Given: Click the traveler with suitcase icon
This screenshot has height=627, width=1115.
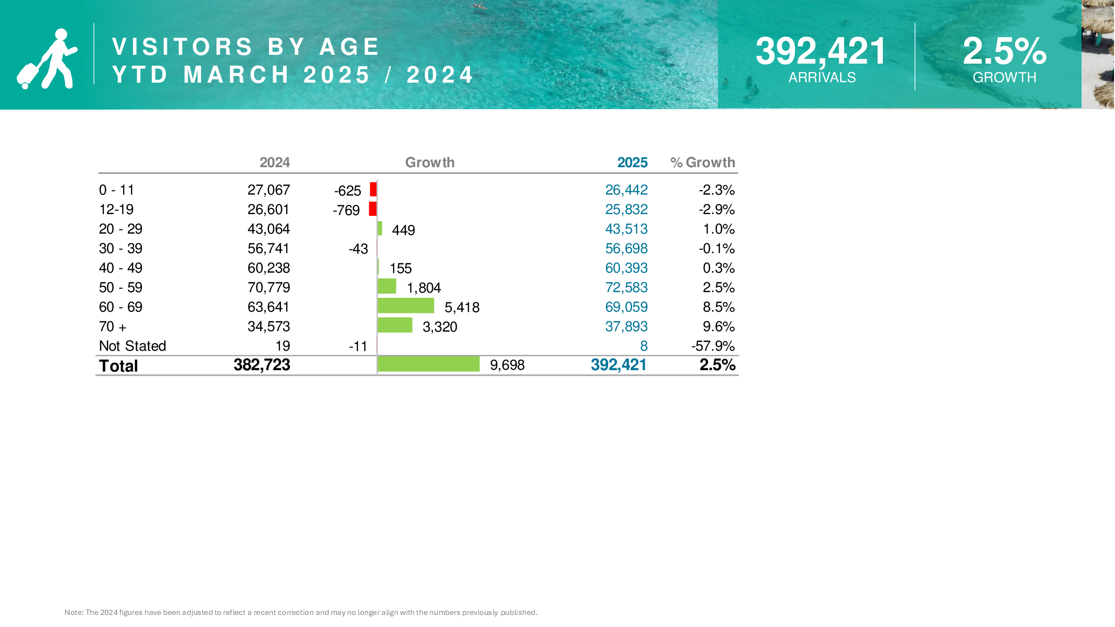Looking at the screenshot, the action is pos(47,59).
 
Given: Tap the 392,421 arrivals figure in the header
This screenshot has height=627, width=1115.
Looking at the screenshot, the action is pos(821,51).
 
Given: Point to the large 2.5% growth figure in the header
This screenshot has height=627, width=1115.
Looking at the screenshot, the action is pos(1004,51).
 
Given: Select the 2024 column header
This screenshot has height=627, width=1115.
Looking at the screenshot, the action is pos(275,163).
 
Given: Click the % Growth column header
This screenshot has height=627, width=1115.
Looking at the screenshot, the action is pos(702,163).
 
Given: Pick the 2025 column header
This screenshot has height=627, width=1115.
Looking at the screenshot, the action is pos(632,163).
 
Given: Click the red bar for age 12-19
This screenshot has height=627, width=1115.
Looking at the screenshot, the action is pos(373,209).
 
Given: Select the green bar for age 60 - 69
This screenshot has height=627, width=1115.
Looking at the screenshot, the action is pos(406,306).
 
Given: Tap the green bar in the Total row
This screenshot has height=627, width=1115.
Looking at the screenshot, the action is pos(428,364).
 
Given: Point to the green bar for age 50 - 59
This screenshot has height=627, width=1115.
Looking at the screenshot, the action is pos(387,286).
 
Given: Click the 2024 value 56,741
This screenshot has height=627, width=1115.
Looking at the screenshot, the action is pos(268,248).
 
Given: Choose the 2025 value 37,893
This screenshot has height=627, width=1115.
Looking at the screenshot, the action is pos(626,327).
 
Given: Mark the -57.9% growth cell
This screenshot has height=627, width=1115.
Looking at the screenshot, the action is pos(713,346).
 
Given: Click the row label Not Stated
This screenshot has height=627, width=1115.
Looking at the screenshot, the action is pos(132,346).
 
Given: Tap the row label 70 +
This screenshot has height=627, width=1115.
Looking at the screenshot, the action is pos(112,327).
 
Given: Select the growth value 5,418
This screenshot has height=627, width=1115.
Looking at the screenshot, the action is pos(462,307).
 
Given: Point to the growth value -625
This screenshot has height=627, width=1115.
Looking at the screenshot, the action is pos(348,191).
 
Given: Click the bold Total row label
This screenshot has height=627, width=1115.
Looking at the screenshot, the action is pos(118,366).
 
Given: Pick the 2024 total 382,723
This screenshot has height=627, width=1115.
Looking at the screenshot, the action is pos(262,365).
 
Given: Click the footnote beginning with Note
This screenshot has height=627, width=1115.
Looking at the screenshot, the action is pos(301,613).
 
